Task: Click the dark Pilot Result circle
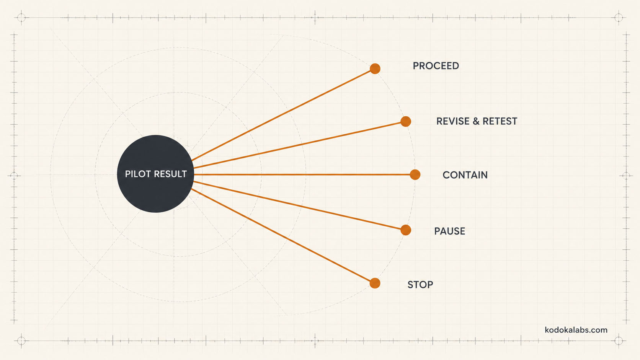pos(155,174)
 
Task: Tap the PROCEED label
pos(436,66)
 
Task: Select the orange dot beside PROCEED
pos(375,68)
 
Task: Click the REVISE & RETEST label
pos(477,121)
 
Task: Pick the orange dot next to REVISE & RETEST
pos(406,121)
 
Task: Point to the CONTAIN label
pos(465,175)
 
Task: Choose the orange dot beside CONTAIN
pos(415,174)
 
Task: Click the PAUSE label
pos(449,231)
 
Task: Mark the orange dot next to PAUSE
pos(406,230)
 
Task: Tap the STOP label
pos(420,285)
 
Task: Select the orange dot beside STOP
pos(375,283)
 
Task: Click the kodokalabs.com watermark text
pos(576,330)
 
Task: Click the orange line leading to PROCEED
pos(281,115)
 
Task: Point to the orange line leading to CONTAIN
pos(302,174)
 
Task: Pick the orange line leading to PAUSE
pos(297,205)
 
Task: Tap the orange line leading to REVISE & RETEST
pos(297,145)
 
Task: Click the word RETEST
pos(500,121)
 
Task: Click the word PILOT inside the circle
pos(135,174)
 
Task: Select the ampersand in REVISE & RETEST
pos(476,121)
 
